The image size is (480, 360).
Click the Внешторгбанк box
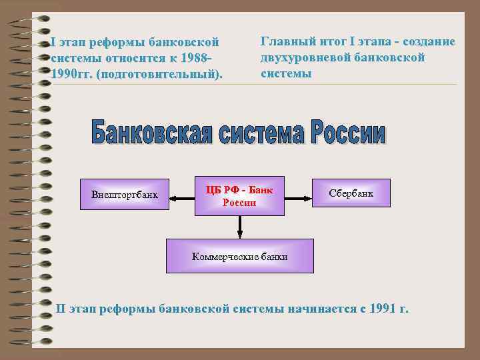pos(125,196)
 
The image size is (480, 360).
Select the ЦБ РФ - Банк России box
pos(239,196)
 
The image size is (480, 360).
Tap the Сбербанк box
pos(351,193)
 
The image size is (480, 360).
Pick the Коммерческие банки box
pos(239,256)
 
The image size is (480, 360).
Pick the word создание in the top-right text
pos(427,42)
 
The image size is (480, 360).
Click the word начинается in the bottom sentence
pos(320,309)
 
